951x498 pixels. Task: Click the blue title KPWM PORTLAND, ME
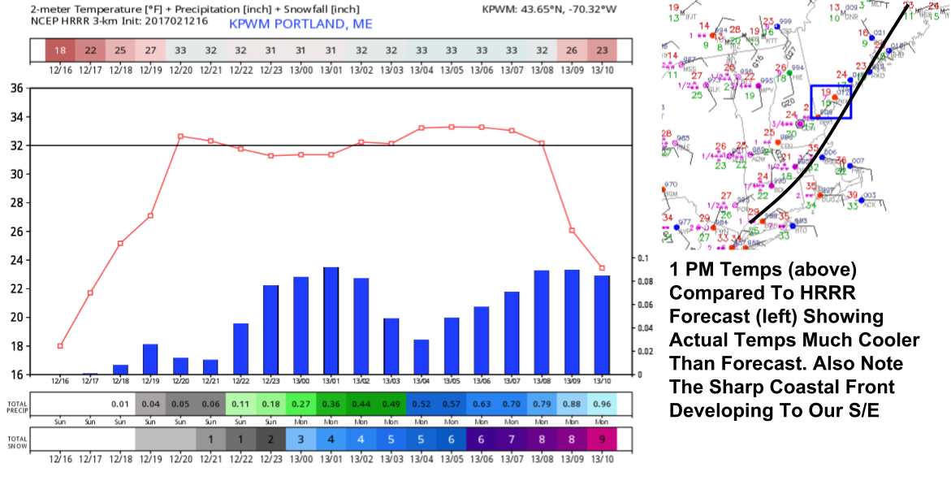click(300, 24)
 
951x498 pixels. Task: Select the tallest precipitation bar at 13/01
click(331, 321)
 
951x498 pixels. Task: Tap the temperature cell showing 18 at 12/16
click(60, 50)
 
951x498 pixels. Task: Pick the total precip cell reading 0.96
click(602, 404)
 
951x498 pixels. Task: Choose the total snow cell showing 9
click(602, 439)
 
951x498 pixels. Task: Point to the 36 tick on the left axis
click(16, 89)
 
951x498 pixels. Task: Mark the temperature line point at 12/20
click(180, 136)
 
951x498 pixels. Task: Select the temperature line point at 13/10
click(602, 268)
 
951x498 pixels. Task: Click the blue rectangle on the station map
click(831, 102)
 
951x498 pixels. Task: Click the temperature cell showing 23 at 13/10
click(602, 50)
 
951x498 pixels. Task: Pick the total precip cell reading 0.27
click(300, 404)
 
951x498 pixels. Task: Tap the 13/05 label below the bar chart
click(451, 380)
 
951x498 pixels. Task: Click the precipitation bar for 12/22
click(240, 349)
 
